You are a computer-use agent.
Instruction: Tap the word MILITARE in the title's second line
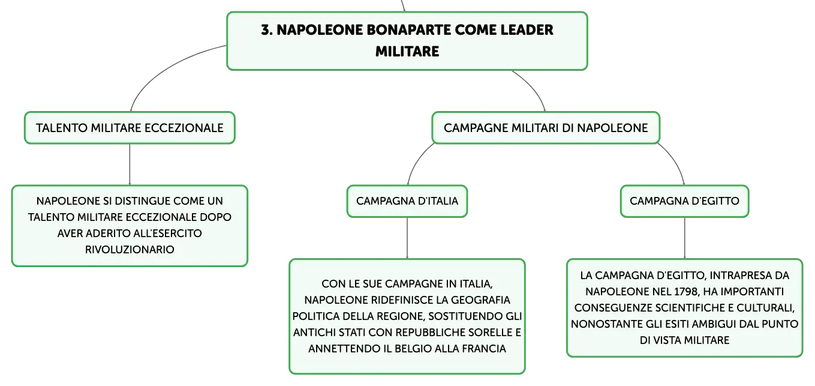click(x=407, y=52)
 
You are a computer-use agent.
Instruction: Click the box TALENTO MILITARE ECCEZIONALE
click(x=130, y=128)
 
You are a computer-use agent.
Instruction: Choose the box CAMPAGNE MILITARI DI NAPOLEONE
click(x=546, y=128)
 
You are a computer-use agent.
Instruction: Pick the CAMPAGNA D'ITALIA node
click(x=407, y=201)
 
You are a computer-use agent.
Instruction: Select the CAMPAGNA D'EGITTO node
click(x=684, y=201)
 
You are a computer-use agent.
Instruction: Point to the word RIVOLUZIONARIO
click(x=130, y=250)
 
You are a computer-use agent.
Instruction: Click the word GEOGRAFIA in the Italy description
click(x=480, y=300)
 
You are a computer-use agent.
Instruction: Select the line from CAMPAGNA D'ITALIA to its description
click(x=407, y=238)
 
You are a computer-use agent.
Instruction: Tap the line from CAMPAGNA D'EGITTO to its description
click(x=684, y=238)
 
